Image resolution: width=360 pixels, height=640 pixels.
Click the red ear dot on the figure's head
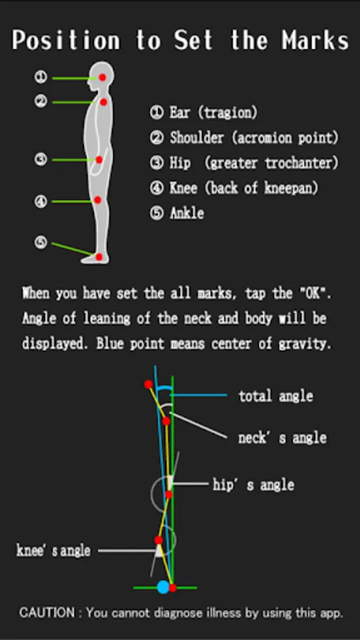(x=102, y=77)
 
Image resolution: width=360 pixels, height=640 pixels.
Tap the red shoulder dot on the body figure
(x=104, y=102)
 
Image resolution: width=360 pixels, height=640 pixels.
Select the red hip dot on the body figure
(x=99, y=160)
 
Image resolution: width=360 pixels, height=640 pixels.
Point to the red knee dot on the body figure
(x=97, y=200)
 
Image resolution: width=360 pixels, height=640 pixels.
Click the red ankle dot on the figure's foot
(x=99, y=257)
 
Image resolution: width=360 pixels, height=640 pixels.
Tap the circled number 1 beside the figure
(x=41, y=77)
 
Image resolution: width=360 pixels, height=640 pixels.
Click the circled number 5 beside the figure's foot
(x=41, y=242)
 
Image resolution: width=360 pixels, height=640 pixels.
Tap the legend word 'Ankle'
(x=186, y=213)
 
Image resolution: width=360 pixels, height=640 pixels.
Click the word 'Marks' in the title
(x=315, y=41)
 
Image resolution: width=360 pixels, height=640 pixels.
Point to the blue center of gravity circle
(x=163, y=587)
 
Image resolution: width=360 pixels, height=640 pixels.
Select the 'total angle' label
(x=276, y=395)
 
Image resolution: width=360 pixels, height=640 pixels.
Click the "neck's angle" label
(x=282, y=438)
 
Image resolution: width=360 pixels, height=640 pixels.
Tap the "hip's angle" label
(x=253, y=485)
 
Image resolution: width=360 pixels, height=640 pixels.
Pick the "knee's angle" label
(x=53, y=550)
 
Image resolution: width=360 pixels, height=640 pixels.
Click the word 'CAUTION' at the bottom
(x=47, y=612)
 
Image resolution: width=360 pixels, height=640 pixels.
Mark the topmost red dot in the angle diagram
(x=149, y=384)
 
